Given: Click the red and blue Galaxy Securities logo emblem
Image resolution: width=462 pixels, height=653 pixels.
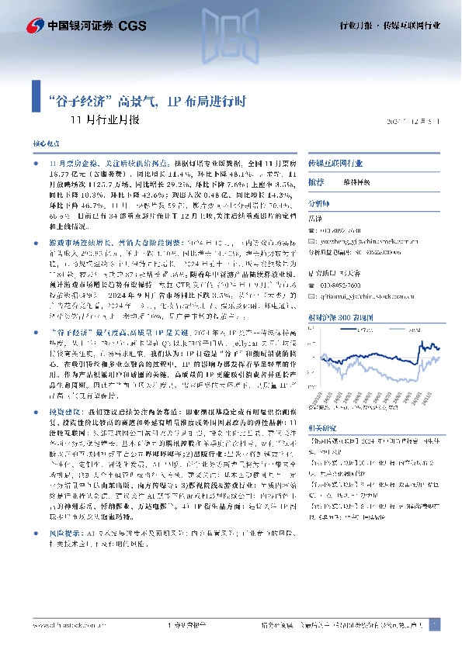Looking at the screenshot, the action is click(33, 26).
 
